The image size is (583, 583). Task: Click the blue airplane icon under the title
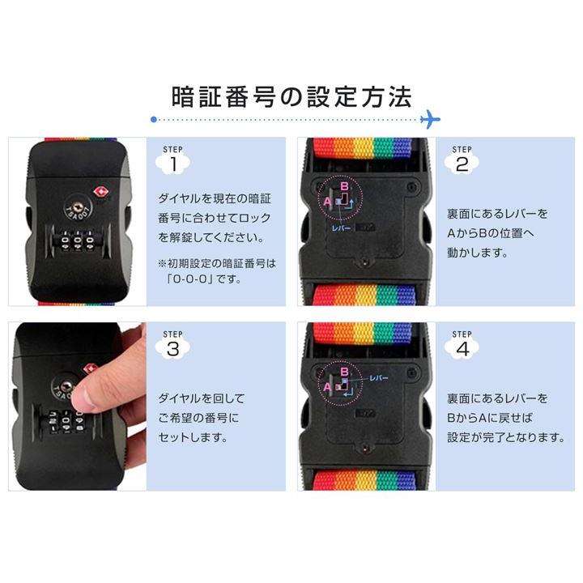(x=430, y=119)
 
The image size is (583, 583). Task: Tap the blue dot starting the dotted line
(x=154, y=119)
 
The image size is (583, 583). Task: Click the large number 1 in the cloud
(x=173, y=164)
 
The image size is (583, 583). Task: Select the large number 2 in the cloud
(x=462, y=164)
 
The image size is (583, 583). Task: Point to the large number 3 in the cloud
(x=173, y=350)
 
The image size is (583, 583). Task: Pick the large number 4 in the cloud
(x=462, y=350)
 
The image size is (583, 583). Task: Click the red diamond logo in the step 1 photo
(x=100, y=192)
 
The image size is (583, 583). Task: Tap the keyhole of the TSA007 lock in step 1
(x=78, y=206)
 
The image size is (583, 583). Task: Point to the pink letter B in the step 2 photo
(x=344, y=186)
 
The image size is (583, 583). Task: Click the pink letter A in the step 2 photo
(x=327, y=201)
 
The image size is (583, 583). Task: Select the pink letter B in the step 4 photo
(x=344, y=371)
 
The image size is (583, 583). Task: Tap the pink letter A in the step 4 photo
(x=327, y=387)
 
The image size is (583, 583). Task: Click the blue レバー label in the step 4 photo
(x=379, y=378)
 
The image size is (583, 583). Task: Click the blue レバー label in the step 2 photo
(x=341, y=228)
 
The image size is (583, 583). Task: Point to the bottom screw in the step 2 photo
(x=364, y=263)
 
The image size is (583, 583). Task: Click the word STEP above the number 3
(x=173, y=334)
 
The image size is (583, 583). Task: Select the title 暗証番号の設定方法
(x=291, y=97)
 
